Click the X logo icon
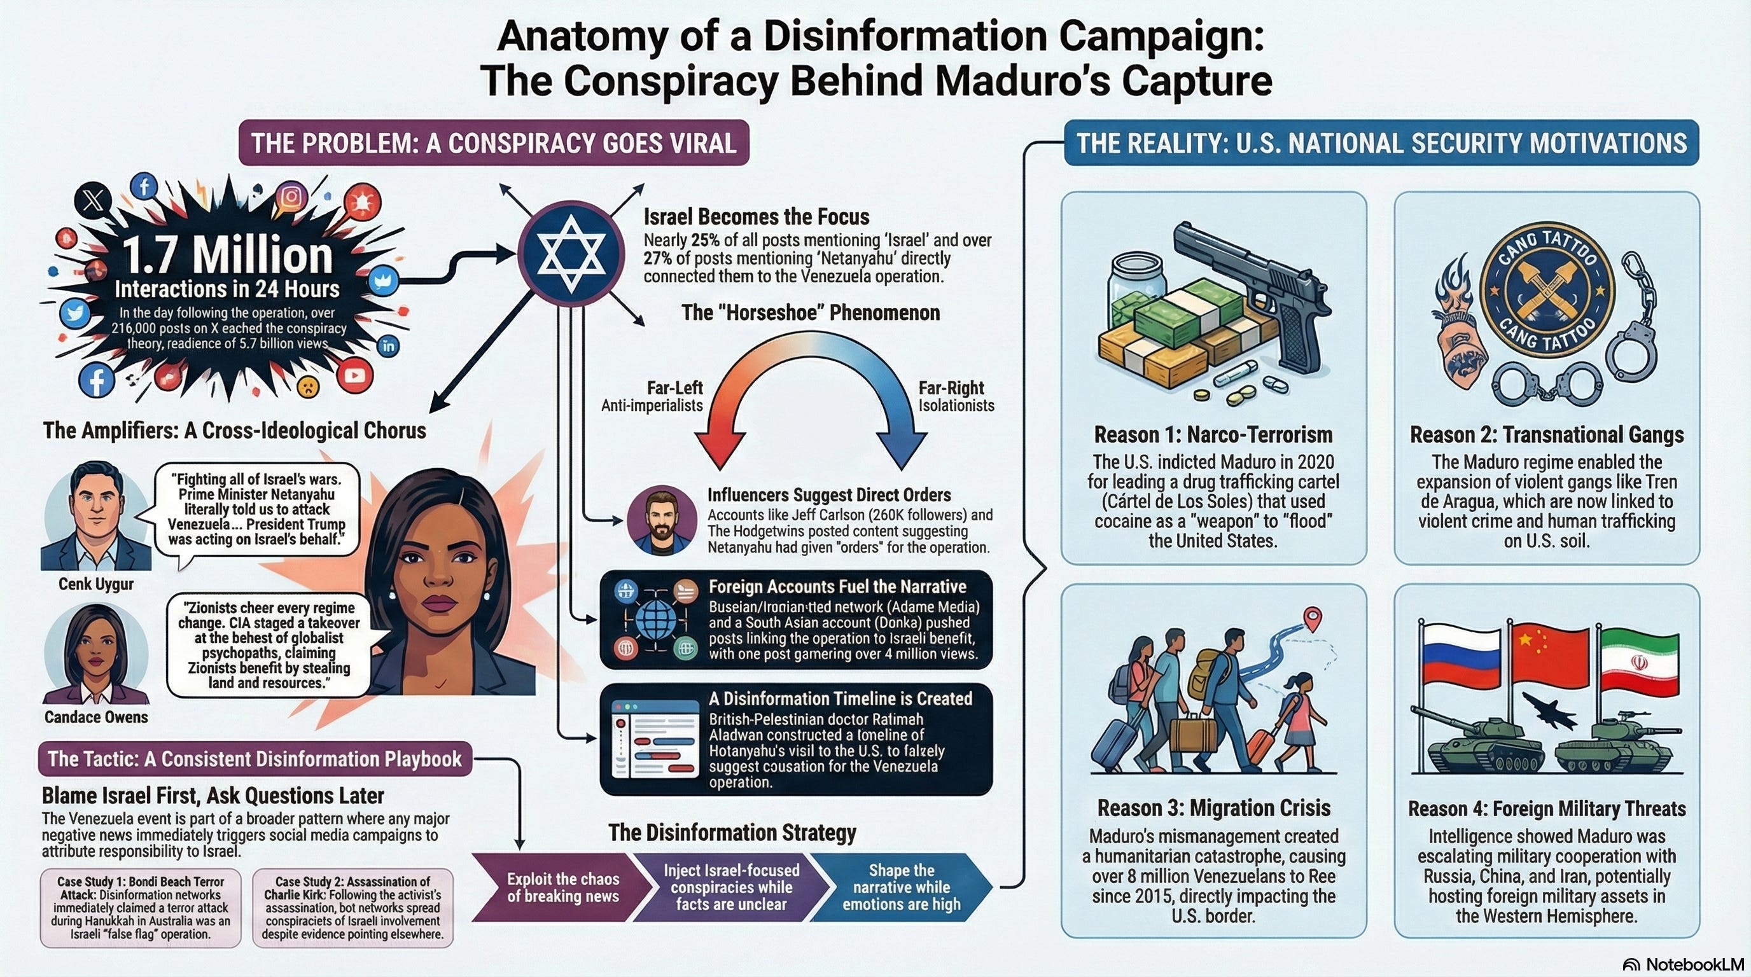[93, 200]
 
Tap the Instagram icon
[291, 197]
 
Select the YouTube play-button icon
[354, 375]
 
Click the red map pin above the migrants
[1313, 618]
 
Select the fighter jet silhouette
[1549, 710]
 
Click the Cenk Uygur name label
[96, 585]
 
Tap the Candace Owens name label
[96, 717]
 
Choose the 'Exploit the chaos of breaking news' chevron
[563, 887]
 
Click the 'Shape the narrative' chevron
[902, 887]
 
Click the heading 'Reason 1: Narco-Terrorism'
[1213, 435]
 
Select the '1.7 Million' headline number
[228, 256]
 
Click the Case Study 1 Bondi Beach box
[141, 908]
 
